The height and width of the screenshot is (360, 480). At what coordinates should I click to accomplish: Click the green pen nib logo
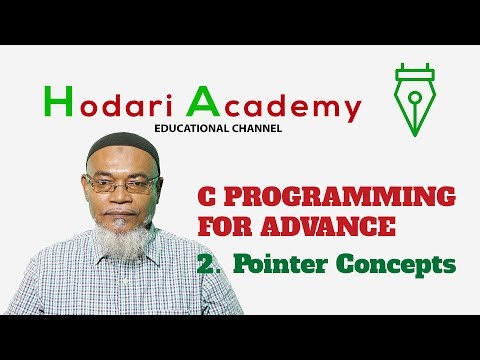(x=412, y=100)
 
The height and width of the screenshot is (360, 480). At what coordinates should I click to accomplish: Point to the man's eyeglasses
(x=122, y=186)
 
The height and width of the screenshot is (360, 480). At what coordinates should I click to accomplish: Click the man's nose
(x=123, y=198)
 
